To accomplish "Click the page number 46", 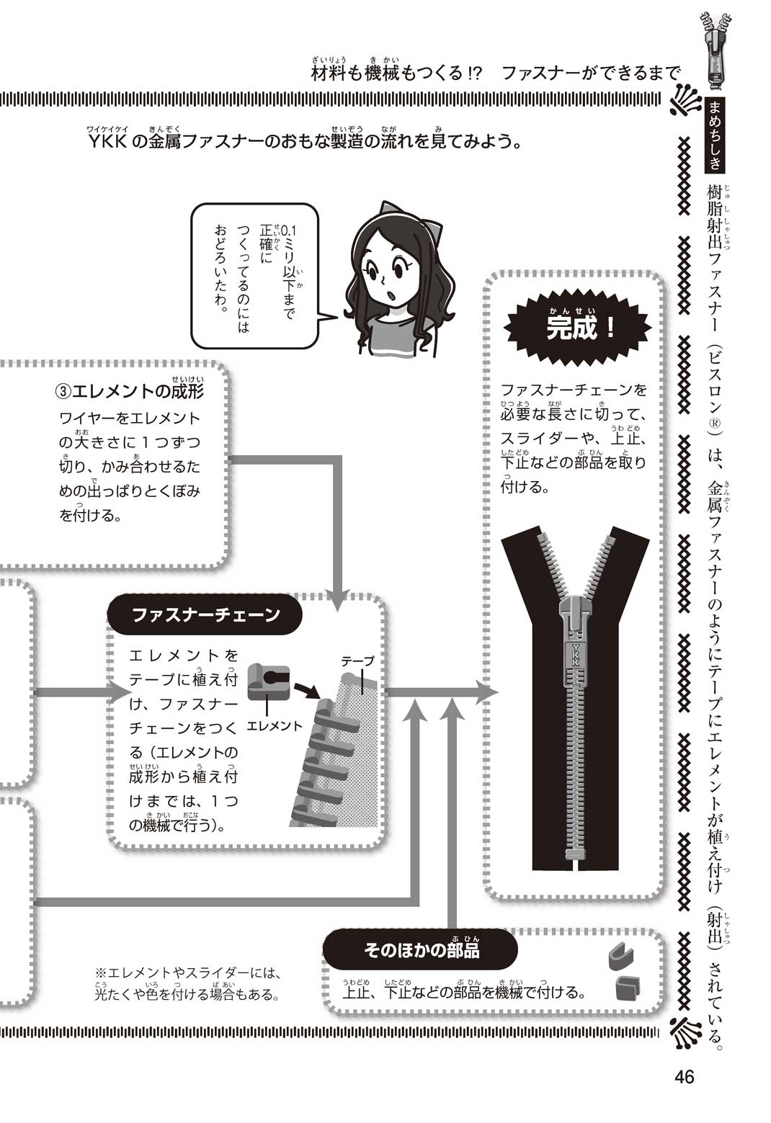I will click(x=684, y=1077).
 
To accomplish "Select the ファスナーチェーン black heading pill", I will click(x=205, y=614).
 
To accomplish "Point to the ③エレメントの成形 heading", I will click(x=130, y=391).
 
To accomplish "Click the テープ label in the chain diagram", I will click(x=357, y=661).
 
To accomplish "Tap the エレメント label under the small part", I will click(x=275, y=726).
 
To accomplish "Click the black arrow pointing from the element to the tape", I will click(x=308, y=690).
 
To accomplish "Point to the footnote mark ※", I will click(x=100, y=972).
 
